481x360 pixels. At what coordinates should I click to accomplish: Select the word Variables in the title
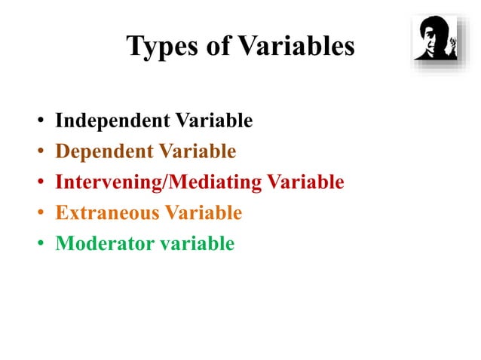click(296, 47)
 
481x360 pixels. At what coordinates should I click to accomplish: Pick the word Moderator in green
click(101, 244)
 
